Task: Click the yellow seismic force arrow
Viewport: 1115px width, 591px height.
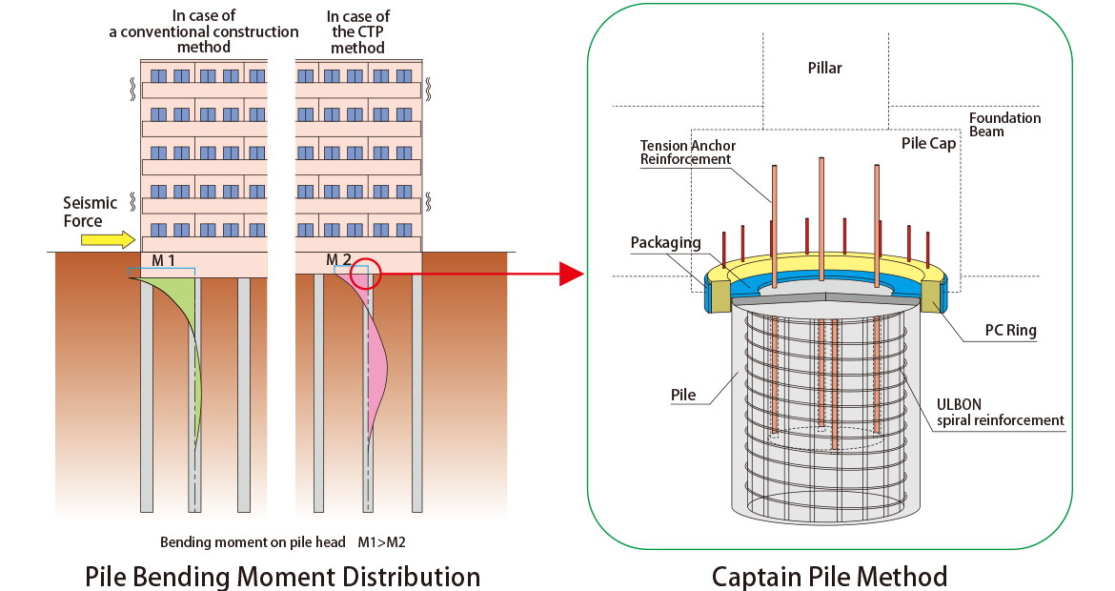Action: tap(108, 239)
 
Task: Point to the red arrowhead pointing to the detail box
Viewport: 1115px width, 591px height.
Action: tap(572, 274)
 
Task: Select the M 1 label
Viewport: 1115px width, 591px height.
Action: tap(163, 261)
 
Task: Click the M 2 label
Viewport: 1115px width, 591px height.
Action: tap(338, 259)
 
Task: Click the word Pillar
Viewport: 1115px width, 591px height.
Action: tap(825, 69)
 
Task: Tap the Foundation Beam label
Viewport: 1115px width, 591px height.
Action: tap(1004, 125)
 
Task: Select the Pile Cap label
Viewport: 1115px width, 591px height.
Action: tap(929, 144)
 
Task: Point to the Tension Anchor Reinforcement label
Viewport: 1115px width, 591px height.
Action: tap(688, 153)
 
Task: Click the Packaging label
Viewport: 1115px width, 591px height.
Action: tap(665, 243)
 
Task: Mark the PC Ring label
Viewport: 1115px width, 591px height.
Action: tap(1010, 331)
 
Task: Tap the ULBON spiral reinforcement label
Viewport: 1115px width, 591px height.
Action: tap(1000, 413)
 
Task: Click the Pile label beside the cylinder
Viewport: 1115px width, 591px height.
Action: tap(683, 395)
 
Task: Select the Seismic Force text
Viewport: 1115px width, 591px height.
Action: tap(90, 212)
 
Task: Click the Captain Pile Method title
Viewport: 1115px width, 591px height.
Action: tap(829, 576)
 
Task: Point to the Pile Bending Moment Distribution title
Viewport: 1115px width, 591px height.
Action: tap(282, 576)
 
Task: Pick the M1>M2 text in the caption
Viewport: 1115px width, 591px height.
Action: tap(382, 542)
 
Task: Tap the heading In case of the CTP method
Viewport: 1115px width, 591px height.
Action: tap(357, 32)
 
